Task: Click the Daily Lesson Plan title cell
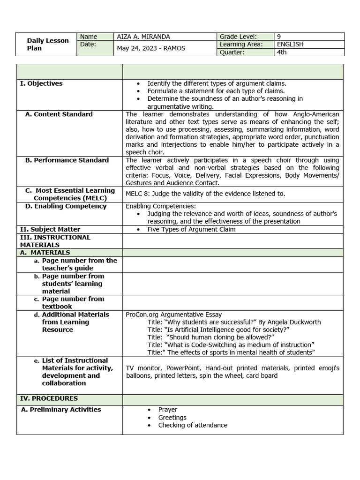coord(47,44)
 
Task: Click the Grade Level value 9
coord(279,37)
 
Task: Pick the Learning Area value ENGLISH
coord(290,44)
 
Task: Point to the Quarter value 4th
coord(281,52)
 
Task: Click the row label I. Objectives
coord(41,83)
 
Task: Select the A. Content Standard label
coord(59,114)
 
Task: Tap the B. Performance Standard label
coord(67,160)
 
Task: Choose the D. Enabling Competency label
coord(66,206)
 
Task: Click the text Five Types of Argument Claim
coord(191,229)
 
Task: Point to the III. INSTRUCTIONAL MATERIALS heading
coord(55,241)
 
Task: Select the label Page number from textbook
coord(73,302)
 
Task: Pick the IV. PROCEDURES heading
coord(49,398)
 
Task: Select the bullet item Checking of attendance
coord(192,425)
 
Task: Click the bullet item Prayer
coord(167,410)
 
